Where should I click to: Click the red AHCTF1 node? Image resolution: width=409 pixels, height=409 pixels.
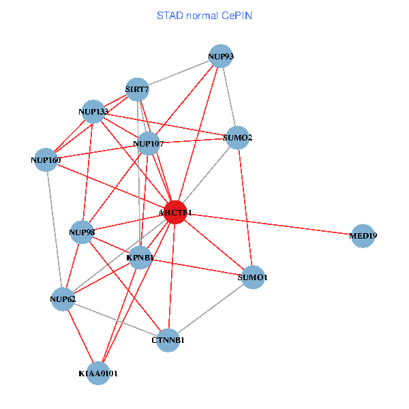click(x=175, y=213)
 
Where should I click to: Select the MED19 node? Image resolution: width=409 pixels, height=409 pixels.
click(x=363, y=236)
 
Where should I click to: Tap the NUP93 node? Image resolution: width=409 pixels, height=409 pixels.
click(x=220, y=56)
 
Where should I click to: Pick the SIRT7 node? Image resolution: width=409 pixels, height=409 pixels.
click(x=137, y=89)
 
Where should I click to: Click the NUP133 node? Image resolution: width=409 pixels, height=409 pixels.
click(x=93, y=111)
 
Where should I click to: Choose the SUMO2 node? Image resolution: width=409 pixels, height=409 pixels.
click(x=237, y=138)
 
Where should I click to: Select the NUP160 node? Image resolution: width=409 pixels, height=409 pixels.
click(x=46, y=160)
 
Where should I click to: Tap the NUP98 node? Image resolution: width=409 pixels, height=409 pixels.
click(x=81, y=232)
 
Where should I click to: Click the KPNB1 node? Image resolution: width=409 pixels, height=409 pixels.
click(x=140, y=258)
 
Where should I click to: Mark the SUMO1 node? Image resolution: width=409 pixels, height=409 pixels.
click(x=252, y=277)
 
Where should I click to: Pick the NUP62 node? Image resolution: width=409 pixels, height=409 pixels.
click(x=63, y=299)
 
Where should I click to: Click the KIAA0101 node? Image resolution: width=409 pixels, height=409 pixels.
click(x=98, y=373)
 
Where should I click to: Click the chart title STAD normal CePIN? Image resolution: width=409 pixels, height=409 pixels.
click(x=204, y=15)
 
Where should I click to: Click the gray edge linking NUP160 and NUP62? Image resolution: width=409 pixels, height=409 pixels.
click(x=55, y=230)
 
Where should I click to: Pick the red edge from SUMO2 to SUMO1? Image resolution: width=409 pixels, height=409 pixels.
click(x=245, y=207)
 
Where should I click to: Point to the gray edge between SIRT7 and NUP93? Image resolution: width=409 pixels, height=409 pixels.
click(x=179, y=72)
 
